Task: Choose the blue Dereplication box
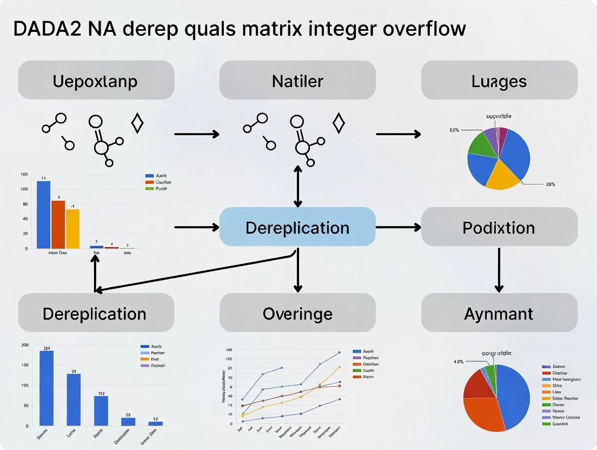point(297,227)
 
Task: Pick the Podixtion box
point(499,227)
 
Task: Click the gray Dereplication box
point(96,313)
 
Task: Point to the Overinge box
point(297,313)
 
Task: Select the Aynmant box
point(499,313)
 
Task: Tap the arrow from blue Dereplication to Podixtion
point(398,227)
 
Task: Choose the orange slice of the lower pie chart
point(484,411)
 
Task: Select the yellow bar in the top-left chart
point(72,228)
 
